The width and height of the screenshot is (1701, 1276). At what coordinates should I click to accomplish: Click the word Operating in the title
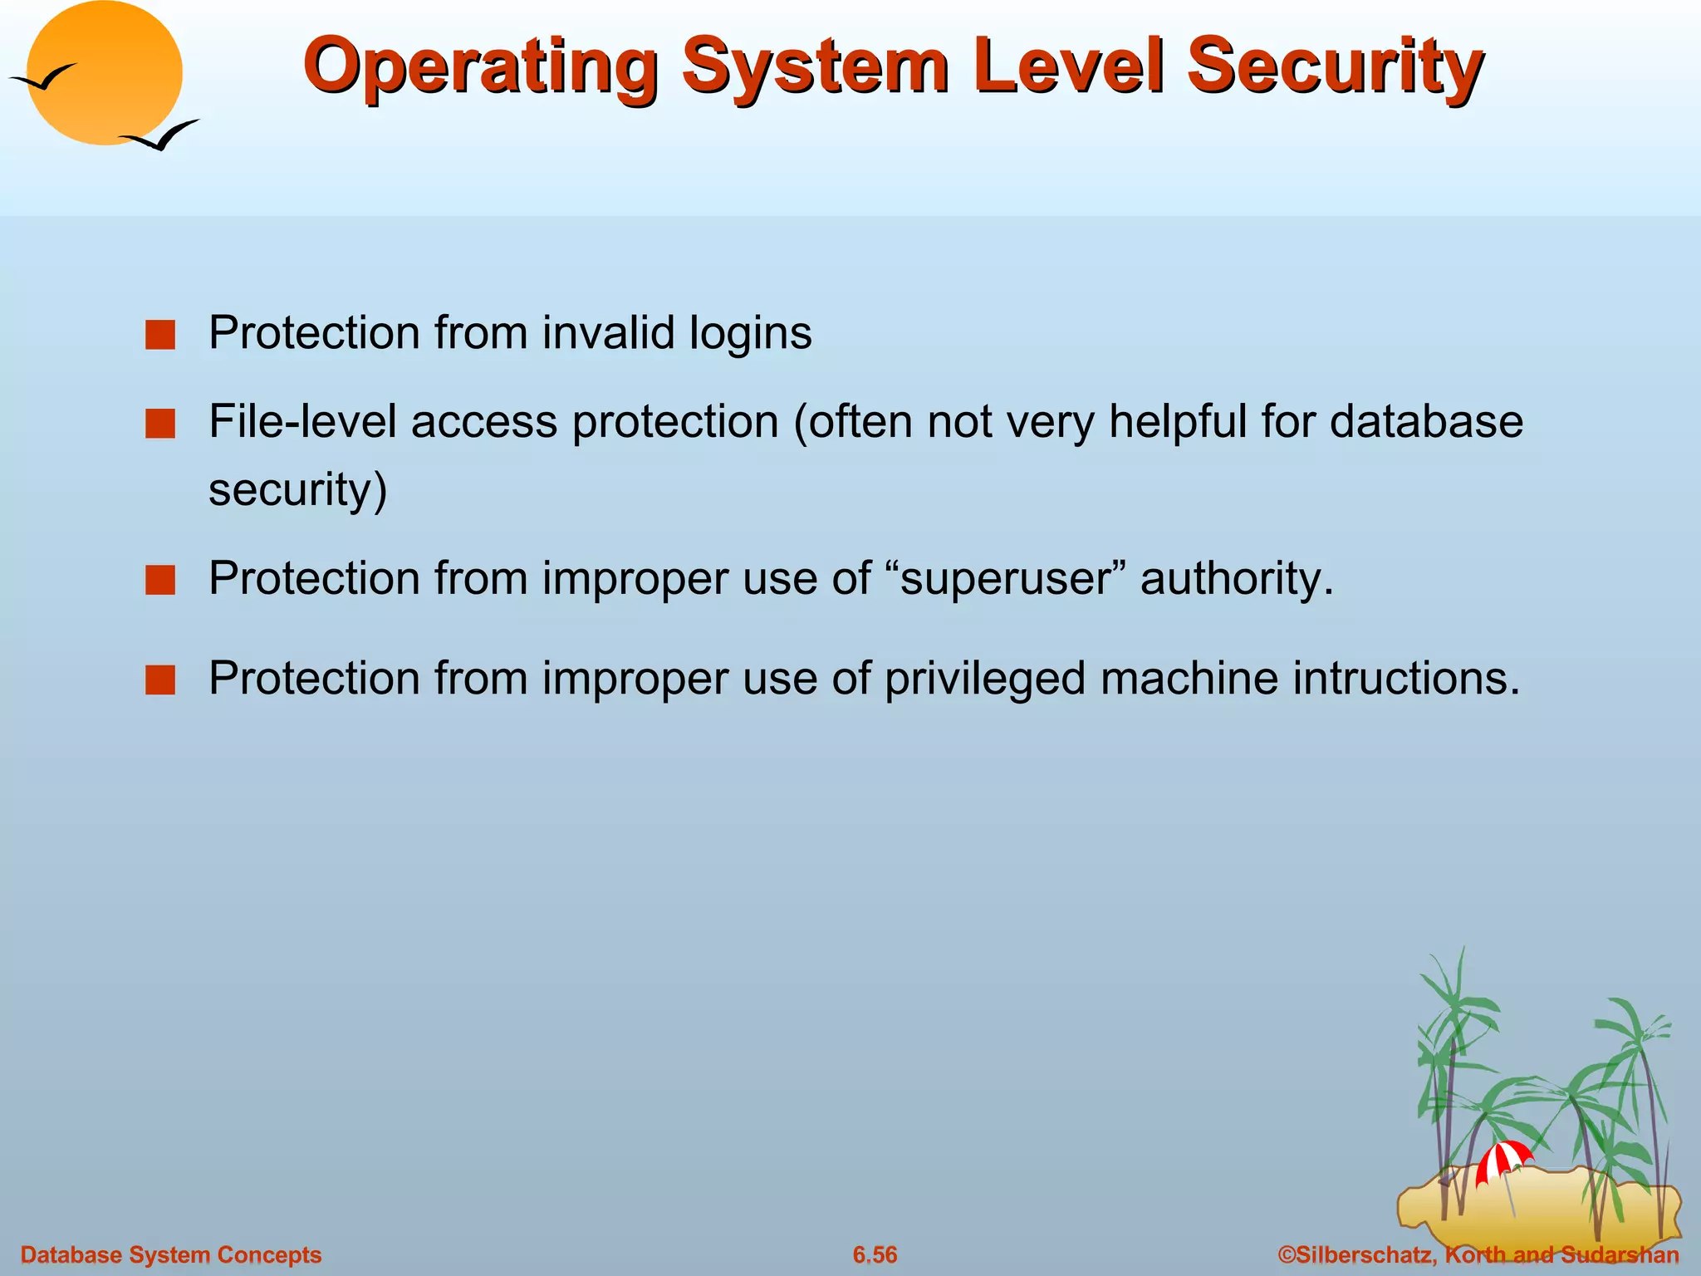(x=480, y=66)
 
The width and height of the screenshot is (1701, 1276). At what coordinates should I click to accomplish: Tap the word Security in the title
(x=1335, y=66)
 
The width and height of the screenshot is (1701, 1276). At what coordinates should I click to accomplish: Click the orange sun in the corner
(x=105, y=73)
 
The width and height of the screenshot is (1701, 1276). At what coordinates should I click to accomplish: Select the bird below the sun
(x=160, y=135)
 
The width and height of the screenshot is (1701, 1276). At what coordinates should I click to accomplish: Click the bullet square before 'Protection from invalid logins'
(x=159, y=336)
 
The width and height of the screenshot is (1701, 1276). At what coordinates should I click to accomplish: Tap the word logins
(x=750, y=334)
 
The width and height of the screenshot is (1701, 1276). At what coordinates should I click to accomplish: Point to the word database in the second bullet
(x=1426, y=421)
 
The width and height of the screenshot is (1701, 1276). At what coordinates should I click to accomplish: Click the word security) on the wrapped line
(x=297, y=490)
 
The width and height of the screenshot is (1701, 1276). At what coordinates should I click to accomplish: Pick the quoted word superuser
(x=1005, y=578)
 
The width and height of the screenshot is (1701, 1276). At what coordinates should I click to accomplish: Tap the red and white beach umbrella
(x=1502, y=1161)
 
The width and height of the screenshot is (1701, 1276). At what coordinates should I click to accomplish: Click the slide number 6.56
(x=875, y=1254)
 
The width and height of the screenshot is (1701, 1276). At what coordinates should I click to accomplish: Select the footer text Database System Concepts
(x=170, y=1254)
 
